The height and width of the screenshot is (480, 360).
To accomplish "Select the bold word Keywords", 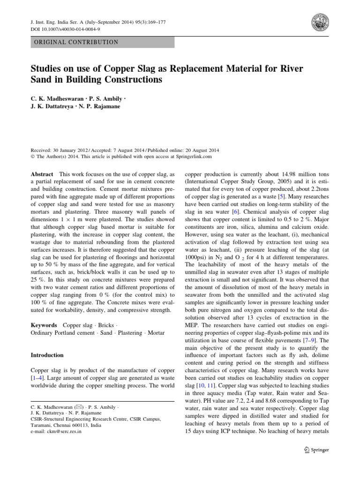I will tap(45, 325).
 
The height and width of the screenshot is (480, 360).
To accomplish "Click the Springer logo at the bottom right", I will tap(316, 450).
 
